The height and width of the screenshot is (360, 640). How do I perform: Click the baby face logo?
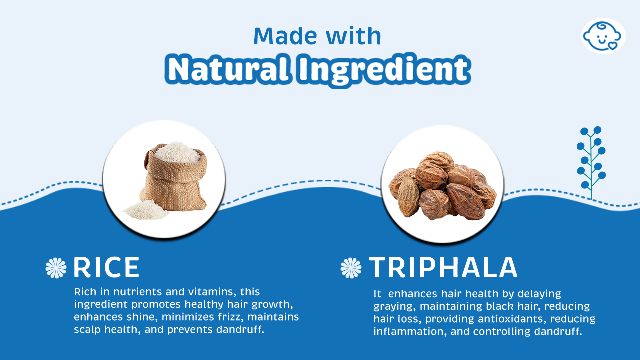coord(603,36)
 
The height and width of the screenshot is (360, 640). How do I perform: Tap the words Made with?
coord(317,36)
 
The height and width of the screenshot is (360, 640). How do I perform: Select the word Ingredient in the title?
coord(383,70)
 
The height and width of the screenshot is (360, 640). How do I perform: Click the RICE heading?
coord(107,267)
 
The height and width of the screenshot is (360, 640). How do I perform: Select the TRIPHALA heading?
coord(443,267)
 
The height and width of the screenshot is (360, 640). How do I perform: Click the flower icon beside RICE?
coord(56,268)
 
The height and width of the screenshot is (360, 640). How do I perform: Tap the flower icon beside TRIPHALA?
coord(351,268)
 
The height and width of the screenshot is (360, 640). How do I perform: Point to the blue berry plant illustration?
coord(591,163)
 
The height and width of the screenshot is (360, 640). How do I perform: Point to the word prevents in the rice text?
coord(190,330)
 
